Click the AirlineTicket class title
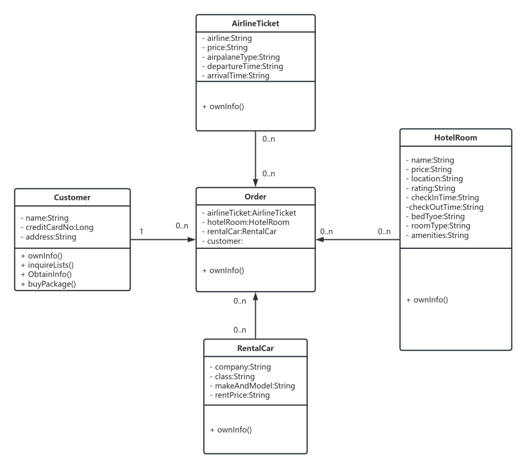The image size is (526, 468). (255, 23)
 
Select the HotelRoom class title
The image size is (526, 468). (455, 138)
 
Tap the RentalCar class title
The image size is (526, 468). (255, 348)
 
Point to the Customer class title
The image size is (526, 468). (72, 197)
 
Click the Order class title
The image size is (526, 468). (255, 197)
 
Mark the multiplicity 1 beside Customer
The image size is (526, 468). (141, 232)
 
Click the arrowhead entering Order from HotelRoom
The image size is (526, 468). (319, 239)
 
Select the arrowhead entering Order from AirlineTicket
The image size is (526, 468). (255, 183)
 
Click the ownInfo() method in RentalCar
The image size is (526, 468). (231, 430)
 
